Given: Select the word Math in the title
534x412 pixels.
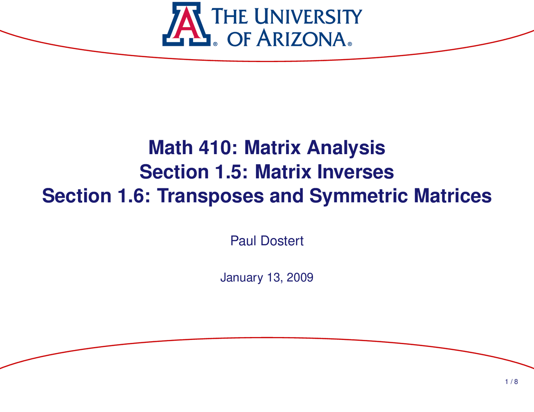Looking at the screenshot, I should pyautogui.click(x=171, y=148).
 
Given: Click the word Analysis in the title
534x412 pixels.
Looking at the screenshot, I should pyautogui.click(x=346, y=148).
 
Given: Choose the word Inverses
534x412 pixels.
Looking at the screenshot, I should pyautogui.click(x=355, y=172).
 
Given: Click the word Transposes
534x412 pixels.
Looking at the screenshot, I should pyautogui.click(x=211, y=196).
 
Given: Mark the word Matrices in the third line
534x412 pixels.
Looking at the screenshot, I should pyautogui.click(x=453, y=196).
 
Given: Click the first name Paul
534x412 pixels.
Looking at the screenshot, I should pyautogui.click(x=243, y=241).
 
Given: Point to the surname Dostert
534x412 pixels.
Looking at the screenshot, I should pyautogui.click(x=282, y=241).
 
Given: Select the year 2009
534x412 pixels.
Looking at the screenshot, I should pyautogui.click(x=300, y=277).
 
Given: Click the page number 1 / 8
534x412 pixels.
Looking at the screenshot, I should pyautogui.click(x=511, y=382).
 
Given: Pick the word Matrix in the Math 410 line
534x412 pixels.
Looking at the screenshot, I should pyautogui.click(x=272, y=148).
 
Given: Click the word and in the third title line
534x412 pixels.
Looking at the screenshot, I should pyautogui.click(x=287, y=196).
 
